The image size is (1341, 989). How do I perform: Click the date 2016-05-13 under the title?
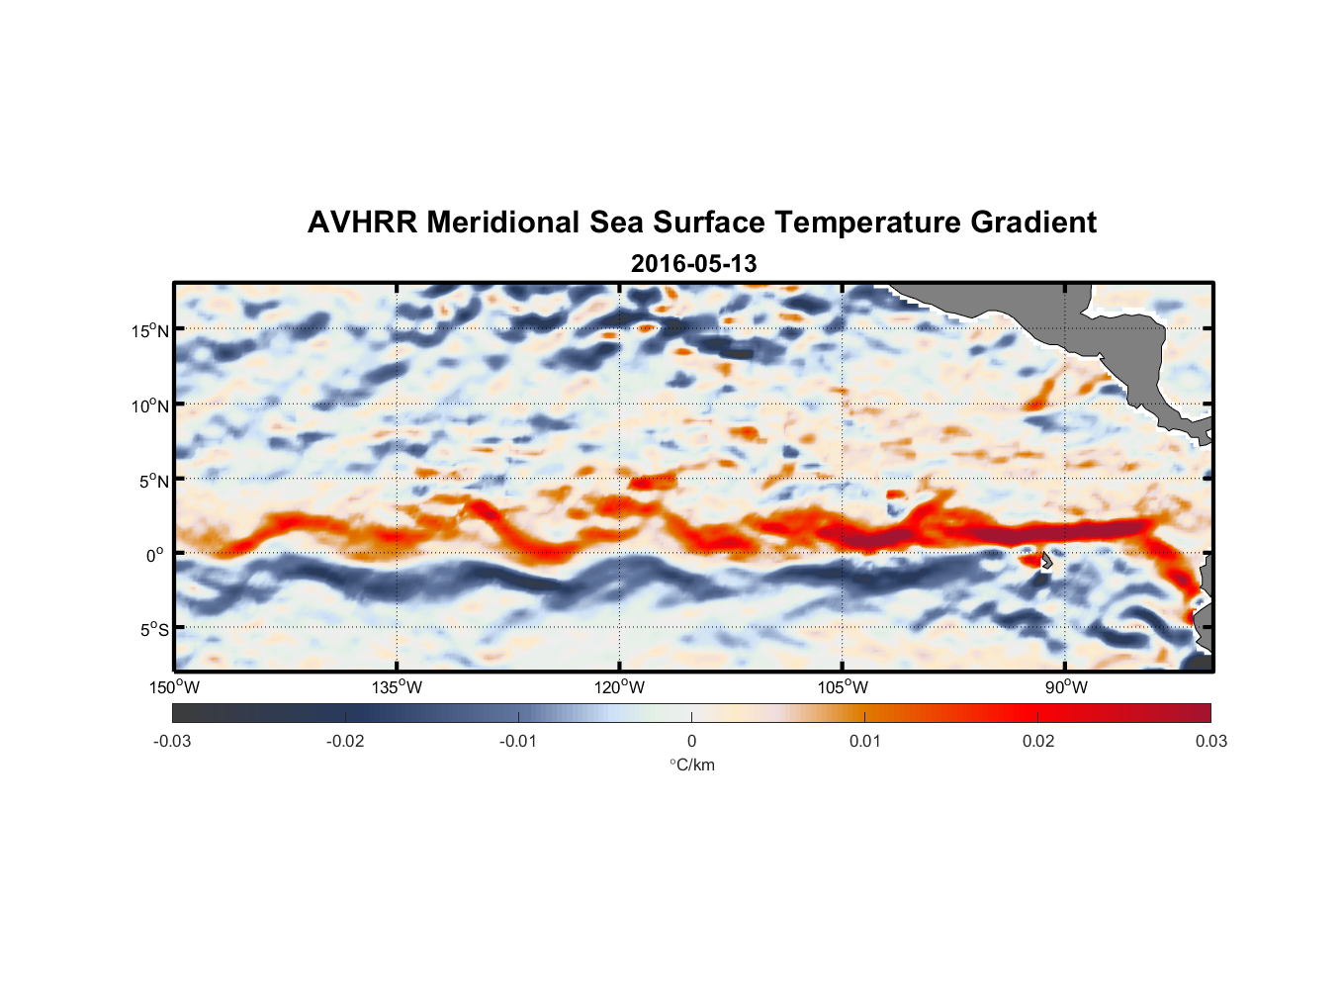point(693,264)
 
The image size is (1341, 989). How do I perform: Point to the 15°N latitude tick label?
point(150,330)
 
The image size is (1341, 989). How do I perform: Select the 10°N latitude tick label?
point(150,405)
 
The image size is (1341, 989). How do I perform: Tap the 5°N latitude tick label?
point(153,481)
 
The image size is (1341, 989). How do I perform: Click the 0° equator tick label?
point(155,555)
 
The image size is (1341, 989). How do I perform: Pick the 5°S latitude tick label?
point(153,629)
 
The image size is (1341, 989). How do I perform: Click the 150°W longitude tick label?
point(174,687)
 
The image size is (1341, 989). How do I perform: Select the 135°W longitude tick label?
point(397,687)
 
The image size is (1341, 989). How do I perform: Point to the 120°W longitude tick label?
point(619,687)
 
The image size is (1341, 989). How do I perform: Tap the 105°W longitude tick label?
point(843,687)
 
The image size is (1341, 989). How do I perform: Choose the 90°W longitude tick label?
point(1066,687)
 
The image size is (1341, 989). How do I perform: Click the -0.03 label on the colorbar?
point(172,741)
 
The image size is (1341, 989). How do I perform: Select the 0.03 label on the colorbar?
point(1210,741)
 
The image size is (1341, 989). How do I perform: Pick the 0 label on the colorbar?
point(691,741)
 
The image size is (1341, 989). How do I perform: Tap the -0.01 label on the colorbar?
point(518,741)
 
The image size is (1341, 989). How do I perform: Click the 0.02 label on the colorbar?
point(1038,741)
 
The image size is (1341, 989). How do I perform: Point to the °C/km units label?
point(691,764)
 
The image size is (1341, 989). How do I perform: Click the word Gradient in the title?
point(1033,223)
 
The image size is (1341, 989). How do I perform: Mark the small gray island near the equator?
point(1046,560)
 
